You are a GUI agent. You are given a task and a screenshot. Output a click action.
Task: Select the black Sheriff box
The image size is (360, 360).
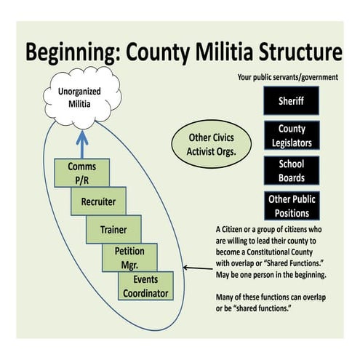click(290, 101)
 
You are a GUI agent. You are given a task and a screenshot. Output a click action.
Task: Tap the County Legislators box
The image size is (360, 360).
click(290, 135)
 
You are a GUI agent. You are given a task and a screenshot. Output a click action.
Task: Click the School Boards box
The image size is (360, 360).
click(290, 170)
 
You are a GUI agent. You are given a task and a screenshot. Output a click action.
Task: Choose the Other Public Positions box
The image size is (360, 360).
click(290, 205)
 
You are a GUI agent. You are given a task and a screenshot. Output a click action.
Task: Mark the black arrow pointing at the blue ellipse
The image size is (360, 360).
click(196, 268)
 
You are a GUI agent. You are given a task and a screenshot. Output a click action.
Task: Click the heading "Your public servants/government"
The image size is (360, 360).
click(288, 76)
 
